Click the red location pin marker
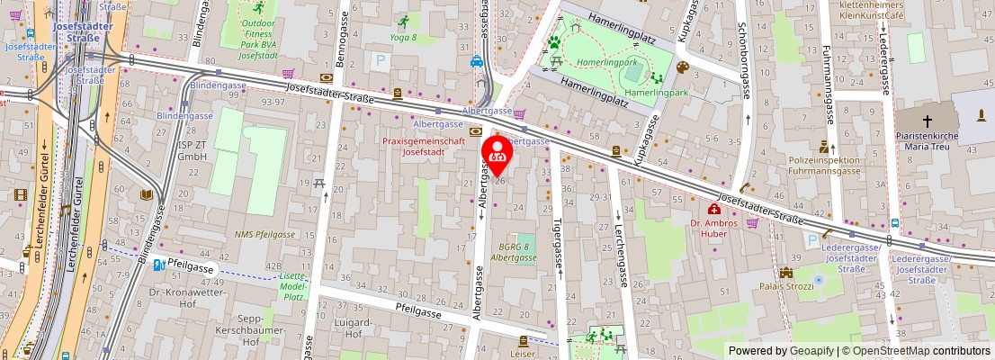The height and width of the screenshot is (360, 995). (x=497, y=154)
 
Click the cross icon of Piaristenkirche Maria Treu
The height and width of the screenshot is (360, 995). (x=928, y=121)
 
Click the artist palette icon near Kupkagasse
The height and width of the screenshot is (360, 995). (x=682, y=67)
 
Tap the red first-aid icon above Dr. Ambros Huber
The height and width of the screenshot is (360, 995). (x=713, y=209)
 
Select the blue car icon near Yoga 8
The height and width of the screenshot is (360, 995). (x=476, y=62)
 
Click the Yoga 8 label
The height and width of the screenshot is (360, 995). (x=404, y=39)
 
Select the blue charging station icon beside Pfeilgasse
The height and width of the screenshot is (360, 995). (x=158, y=265)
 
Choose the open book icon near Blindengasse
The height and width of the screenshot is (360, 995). (x=146, y=194)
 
